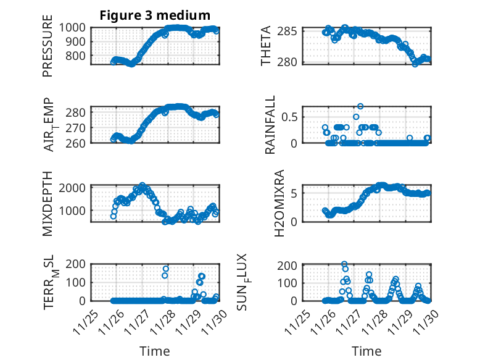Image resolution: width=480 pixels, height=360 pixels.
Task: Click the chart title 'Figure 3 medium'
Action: (x=155, y=15)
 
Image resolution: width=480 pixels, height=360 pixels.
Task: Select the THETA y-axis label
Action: (x=266, y=46)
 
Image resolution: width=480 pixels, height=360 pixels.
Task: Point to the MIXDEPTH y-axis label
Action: (x=48, y=203)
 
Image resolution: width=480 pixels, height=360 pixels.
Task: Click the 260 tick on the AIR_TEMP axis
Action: (x=77, y=143)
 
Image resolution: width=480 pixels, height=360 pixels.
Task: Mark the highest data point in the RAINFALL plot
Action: (x=360, y=106)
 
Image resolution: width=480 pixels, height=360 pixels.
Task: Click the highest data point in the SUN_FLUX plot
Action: (x=344, y=264)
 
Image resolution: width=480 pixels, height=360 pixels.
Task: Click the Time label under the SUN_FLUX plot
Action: (x=366, y=351)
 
